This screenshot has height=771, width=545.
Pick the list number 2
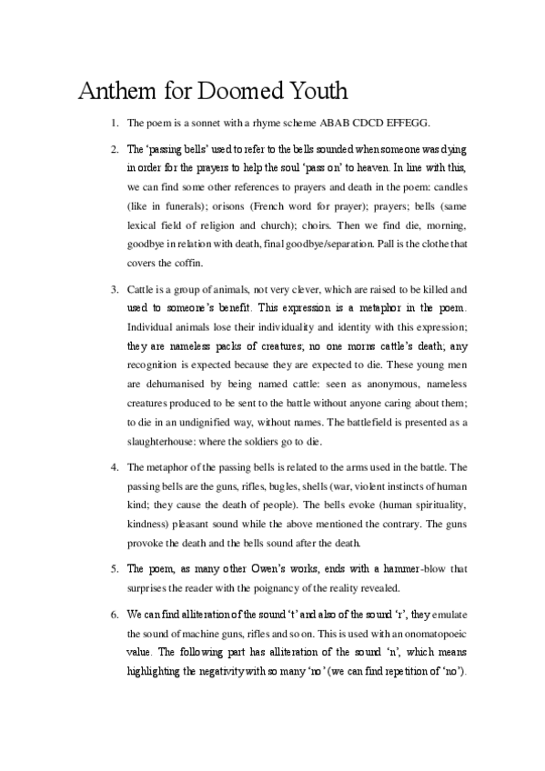coord(115,148)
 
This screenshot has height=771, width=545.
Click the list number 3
coord(115,289)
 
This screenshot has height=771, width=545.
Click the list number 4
coord(115,467)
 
